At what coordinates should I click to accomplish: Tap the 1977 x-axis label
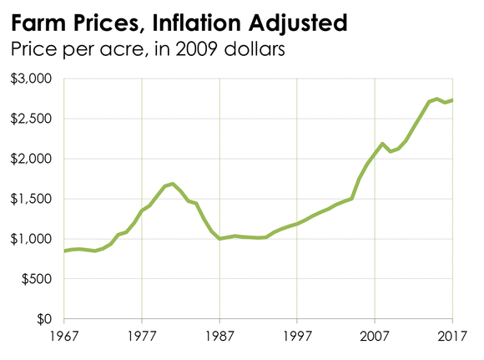pos(142,337)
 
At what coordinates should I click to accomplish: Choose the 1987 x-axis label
pos(219,337)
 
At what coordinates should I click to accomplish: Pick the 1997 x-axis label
pos(297,337)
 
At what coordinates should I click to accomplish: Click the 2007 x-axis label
pos(375,337)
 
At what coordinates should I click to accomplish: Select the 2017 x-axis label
pos(451,337)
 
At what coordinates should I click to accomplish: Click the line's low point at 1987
pos(219,239)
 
